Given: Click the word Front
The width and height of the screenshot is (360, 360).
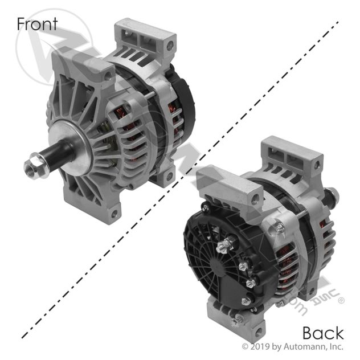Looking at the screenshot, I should tap(37, 23).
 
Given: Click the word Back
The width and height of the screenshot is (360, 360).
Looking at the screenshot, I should tap(322, 332).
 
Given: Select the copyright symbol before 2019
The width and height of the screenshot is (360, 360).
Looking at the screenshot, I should tap(246, 346).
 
